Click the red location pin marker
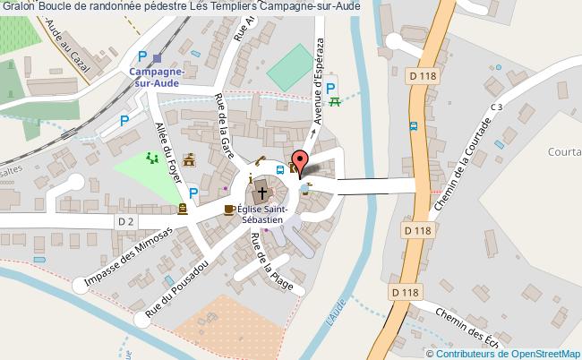pyautogui.click(x=299, y=160)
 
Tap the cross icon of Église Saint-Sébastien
pyautogui.click(x=262, y=192)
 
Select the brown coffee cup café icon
pyautogui.click(x=229, y=210)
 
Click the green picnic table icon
pyautogui.click(x=335, y=102)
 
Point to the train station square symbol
pyautogui.click(x=157, y=57)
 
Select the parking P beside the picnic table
pyautogui.click(x=331, y=88)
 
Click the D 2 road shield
pyautogui.click(x=125, y=220)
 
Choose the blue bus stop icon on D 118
pyautogui.click(x=412, y=126)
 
